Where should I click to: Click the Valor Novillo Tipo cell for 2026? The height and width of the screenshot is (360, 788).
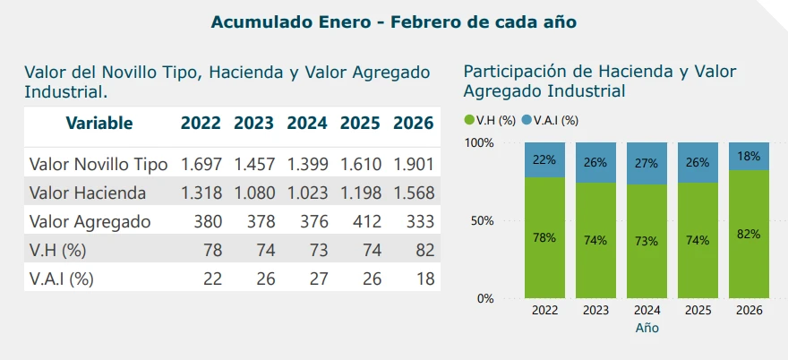pyautogui.click(x=413, y=165)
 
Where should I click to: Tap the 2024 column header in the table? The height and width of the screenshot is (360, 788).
pyautogui.click(x=307, y=124)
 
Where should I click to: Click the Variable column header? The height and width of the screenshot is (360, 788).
pyautogui.click(x=98, y=124)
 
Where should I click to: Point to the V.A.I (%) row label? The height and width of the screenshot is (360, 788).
pyautogui.click(x=61, y=279)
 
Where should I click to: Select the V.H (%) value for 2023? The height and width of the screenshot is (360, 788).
pyautogui.click(x=266, y=250)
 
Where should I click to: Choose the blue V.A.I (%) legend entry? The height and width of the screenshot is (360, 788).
pyautogui.click(x=550, y=120)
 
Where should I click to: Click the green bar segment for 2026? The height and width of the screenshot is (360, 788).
pyautogui.click(x=749, y=234)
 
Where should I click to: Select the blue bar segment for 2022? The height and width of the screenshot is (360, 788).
pyautogui.click(x=544, y=159)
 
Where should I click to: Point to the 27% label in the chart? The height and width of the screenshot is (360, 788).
pyautogui.click(x=647, y=163)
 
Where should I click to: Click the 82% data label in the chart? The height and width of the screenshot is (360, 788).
pyautogui.click(x=749, y=234)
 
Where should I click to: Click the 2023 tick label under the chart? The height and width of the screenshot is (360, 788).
pyautogui.click(x=595, y=311)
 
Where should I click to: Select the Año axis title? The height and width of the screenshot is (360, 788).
pyautogui.click(x=647, y=329)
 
